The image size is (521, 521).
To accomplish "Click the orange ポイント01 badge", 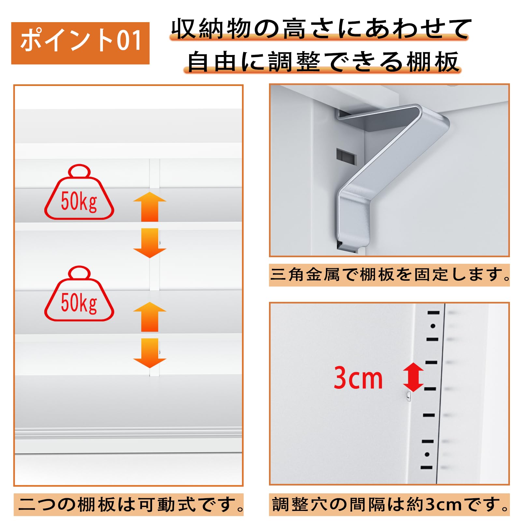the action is click(x=80, y=43).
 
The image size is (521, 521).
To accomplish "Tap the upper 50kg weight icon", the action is click(x=79, y=192).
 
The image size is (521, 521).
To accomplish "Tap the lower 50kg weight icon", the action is click(x=79, y=294).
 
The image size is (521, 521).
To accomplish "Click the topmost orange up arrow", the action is click(x=150, y=206).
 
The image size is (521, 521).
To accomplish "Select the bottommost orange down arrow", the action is click(x=150, y=353).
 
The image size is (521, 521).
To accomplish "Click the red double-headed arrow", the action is click(x=413, y=377).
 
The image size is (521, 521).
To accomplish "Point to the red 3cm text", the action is click(x=358, y=378).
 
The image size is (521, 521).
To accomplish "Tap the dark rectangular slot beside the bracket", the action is click(x=346, y=155).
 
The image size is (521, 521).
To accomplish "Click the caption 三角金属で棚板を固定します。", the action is click(x=389, y=275).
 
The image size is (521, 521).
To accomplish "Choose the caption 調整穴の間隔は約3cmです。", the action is click(x=389, y=505).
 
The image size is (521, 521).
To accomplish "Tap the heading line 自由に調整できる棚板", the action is click(x=323, y=62).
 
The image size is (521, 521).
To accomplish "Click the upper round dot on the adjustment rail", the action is click(x=433, y=326).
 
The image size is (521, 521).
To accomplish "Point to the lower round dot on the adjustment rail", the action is click(x=427, y=455).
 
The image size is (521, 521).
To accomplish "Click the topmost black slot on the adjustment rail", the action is click(x=434, y=313).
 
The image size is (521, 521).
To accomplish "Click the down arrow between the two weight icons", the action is click(x=150, y=243).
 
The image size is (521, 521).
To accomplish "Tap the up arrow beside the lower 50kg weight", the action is click(x=150, y=317).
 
